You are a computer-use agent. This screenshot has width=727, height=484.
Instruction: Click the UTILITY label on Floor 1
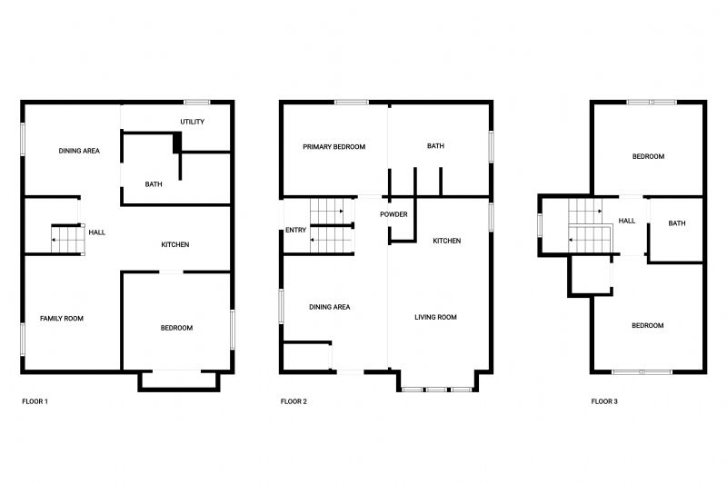tap(192, 122)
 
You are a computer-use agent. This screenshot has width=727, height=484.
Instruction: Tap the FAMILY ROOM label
tap(62, 318)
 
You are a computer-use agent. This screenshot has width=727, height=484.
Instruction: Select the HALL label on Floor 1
tap(97, 232)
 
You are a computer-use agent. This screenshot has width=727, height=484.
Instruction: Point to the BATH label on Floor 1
tap(154, 184)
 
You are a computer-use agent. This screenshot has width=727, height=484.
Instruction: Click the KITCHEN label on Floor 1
tap(175, 244)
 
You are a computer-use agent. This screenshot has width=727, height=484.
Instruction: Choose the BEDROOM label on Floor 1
tap(176, 328)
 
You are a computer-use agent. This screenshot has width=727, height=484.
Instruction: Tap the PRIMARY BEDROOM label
tap(334, 147)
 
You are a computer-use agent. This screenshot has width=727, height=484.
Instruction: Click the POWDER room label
tap(393, 214)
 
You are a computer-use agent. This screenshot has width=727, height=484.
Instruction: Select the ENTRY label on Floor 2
tap(296, 230)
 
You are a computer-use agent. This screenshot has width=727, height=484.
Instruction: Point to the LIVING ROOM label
tap(435, 317)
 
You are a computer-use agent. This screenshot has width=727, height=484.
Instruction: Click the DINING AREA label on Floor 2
tap(330, 307)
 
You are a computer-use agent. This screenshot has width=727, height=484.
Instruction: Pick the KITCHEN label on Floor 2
tap(447, 241)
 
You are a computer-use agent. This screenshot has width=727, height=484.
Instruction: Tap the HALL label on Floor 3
tap(627, 221)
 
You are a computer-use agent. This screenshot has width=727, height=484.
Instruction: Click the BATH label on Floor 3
tap(677, 223)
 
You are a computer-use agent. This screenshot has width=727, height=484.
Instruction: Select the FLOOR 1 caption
tap(35, 401)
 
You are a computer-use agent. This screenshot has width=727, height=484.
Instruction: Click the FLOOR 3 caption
tap(604, 401)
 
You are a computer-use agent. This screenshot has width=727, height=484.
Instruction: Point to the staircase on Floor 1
tap(67, 239)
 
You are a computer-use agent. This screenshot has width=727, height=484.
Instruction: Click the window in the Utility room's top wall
tap(197, 102)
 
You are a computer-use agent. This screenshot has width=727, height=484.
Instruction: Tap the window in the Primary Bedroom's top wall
tap(352, 102)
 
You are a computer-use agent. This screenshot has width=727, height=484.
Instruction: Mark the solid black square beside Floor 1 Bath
tap(177, 143)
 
